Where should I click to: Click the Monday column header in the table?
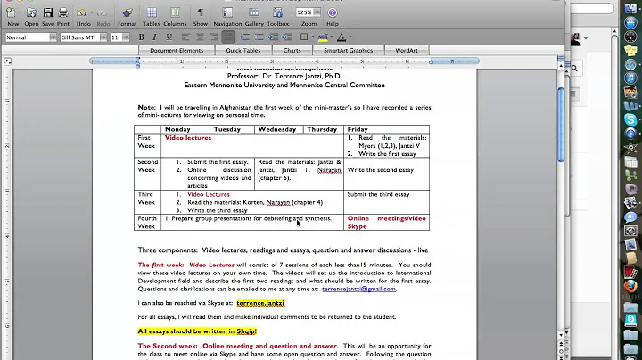click(x=177, y=129)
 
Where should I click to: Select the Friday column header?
click(x=358, y=129)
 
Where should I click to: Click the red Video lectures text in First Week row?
click(x=187, y=138)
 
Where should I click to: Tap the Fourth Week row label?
click(x=146, y=222)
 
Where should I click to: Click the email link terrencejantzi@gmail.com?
click(x=358, y=289)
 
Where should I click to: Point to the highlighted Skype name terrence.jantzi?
click(x=260, y=303)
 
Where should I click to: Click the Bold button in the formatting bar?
click(x=141, y=37)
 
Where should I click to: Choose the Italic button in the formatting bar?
click(x=155, y=37)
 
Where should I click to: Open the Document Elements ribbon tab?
click(x=177, y=51)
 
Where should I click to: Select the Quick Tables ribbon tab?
click(x=243, y=51)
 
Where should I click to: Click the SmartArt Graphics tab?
click(x=348, y=51)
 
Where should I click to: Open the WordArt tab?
click(x=407, y=51)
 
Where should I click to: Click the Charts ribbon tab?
click(x=292, y=51)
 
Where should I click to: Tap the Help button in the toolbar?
click(x=333, y=15)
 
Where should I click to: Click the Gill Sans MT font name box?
click(x=78, y=37)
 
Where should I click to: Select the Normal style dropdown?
click(x=27, y=37)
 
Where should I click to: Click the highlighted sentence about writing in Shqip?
click(x=196, y=331)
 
